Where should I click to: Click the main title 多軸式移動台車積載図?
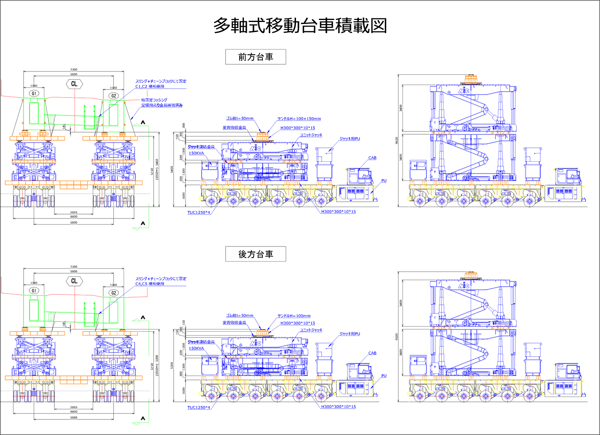[300, 26]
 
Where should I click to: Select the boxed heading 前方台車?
[256, 57]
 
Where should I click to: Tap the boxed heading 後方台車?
[256, 254]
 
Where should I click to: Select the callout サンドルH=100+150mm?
[299, 119]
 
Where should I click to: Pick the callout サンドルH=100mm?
[294, 316]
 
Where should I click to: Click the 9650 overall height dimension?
[396, 140]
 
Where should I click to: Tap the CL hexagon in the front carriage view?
[74, 84]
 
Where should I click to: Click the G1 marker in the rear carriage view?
[34, 291]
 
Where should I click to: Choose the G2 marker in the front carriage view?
[114, 96]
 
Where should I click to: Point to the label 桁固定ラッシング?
[154, 100]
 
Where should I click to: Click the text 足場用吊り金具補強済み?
[162, 105]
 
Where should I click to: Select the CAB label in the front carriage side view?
[372, 158]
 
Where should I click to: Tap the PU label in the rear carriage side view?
[384, 376]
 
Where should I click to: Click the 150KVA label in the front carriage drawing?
[196, 153]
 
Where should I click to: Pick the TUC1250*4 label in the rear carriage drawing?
[199, 408]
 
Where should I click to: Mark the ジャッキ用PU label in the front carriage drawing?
[350, 139]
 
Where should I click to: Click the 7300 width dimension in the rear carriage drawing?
[74, 267]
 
